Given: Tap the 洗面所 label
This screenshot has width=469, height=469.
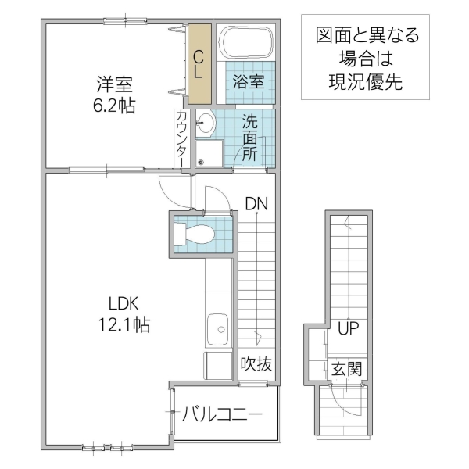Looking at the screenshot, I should click(x=249, y=138).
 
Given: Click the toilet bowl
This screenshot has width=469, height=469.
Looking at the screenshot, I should click(x=199, y=234).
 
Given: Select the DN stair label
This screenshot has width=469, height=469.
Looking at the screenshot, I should click(x=256, y=204).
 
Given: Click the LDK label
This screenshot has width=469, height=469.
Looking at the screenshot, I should click(x=124, y=303).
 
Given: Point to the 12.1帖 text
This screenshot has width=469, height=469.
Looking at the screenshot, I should click(x=124, y=324).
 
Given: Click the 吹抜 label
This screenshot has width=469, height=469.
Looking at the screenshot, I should click(x=256, y=363).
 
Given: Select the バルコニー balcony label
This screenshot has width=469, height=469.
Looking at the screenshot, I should click(x=223, y=414).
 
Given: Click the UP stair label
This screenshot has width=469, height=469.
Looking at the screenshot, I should click(x=349, y=328).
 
